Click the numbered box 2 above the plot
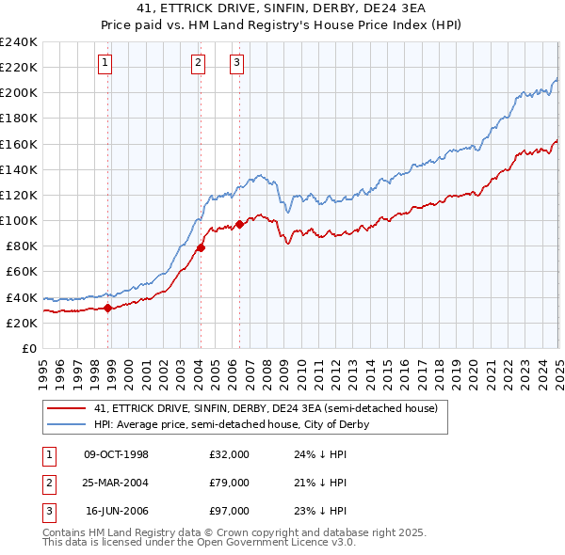199,63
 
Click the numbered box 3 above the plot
236,63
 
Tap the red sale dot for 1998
108,307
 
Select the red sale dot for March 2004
202,248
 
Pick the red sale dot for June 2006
239,224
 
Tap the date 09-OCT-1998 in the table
117,454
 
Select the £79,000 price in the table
229,483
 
